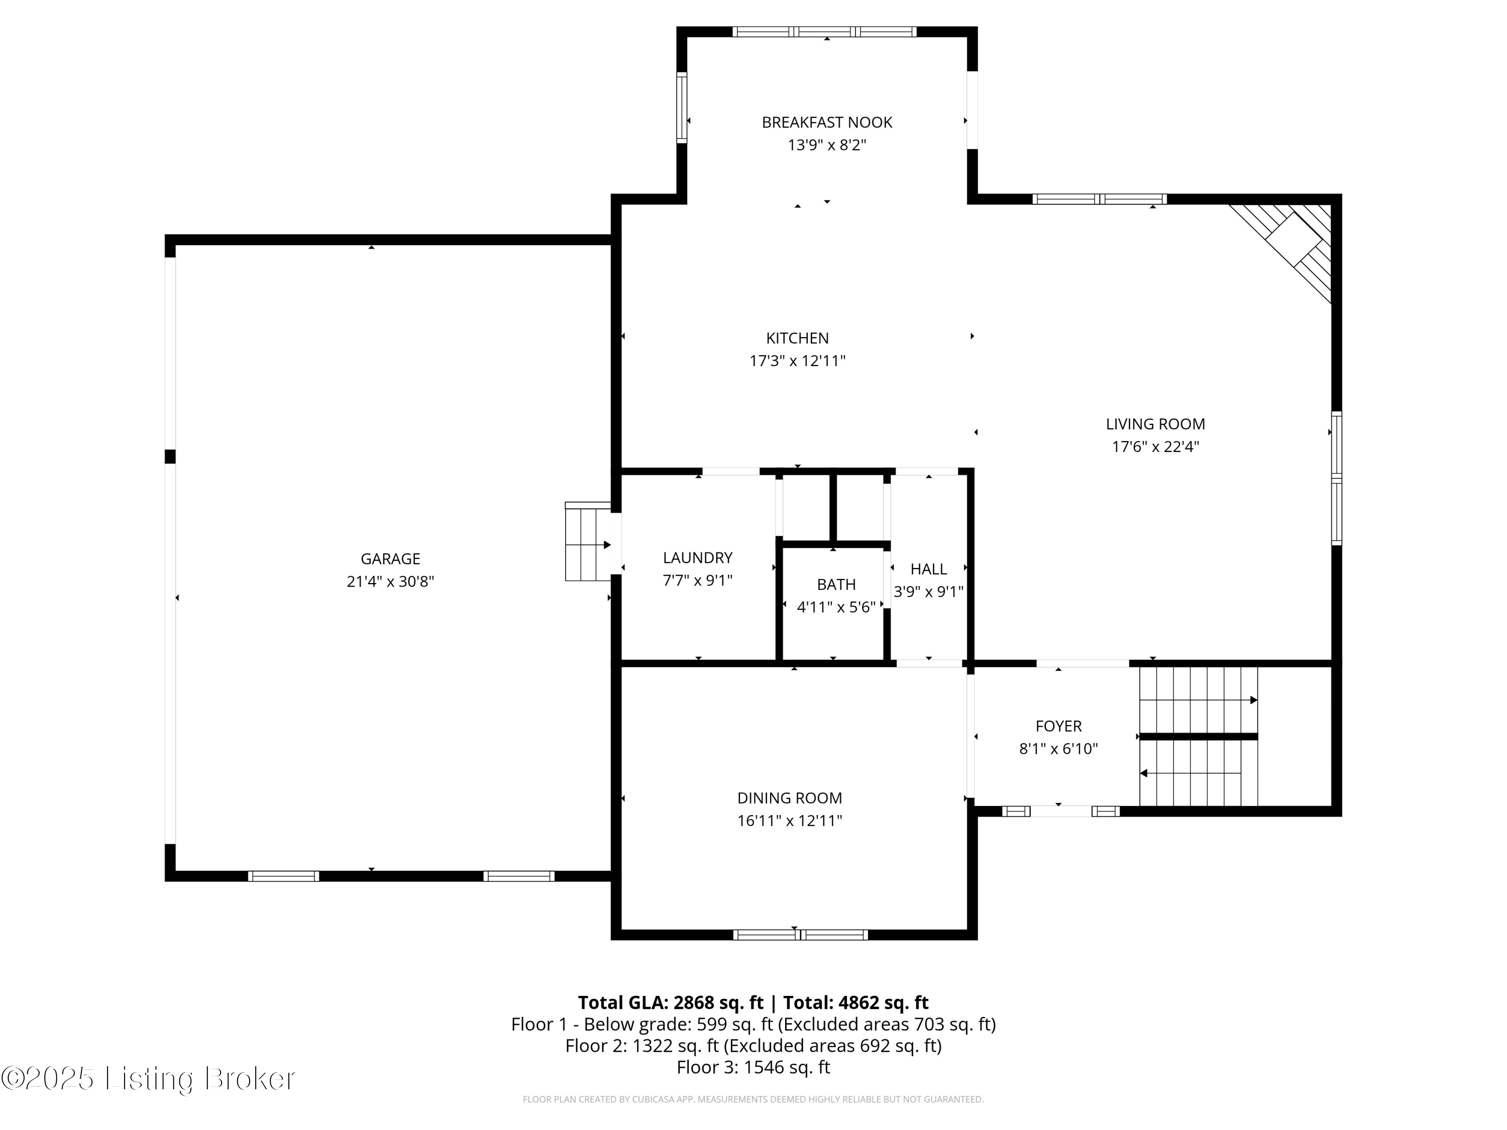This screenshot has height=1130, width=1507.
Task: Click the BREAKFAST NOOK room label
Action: (x=826, y=123)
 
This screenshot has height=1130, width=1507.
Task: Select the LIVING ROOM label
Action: (x=1155, y=424)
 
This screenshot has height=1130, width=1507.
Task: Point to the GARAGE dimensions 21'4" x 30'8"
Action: (x=390, y=582)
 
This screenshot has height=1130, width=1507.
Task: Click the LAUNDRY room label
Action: (x=698, y=558)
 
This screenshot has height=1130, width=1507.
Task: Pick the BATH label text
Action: (x=836, y=585)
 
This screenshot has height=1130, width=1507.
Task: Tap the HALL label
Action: (x=929, y=569)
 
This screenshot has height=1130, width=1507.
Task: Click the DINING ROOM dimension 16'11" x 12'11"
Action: (x=790, y=821)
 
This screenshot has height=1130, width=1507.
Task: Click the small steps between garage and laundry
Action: (x=588, y=541)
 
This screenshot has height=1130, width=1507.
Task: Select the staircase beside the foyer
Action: (x=1199, y=736)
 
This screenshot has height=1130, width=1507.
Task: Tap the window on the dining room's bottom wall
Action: (x=801, y=935)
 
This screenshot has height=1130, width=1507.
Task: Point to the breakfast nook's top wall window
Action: (x=824, y=31)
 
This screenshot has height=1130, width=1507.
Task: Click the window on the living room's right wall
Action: (x=1337, y=478)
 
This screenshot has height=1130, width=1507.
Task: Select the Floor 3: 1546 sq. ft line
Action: (x=753, y=1067)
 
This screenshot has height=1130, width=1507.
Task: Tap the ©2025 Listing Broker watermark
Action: (x=149, y=1078)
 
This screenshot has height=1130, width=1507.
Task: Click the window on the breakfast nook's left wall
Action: (x=681, y=107)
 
